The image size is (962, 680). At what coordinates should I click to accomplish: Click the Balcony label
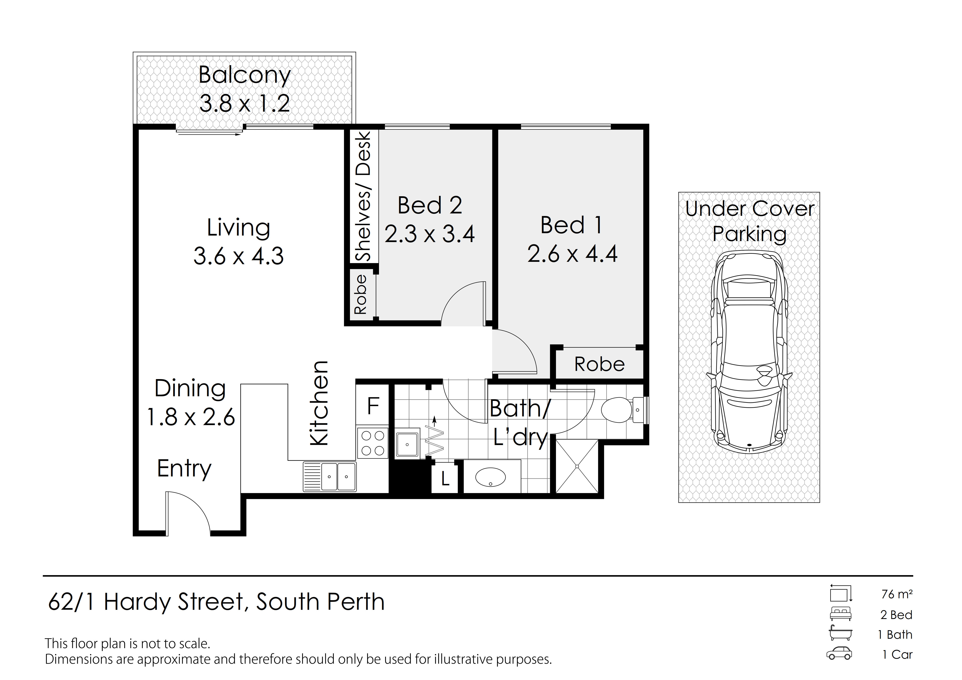tap(245, 76)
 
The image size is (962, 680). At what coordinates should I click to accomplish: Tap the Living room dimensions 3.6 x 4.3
tap(238, 256)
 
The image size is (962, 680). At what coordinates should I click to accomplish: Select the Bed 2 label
tap(430, 205)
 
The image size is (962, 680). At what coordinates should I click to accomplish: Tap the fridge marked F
tap(373, 406)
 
